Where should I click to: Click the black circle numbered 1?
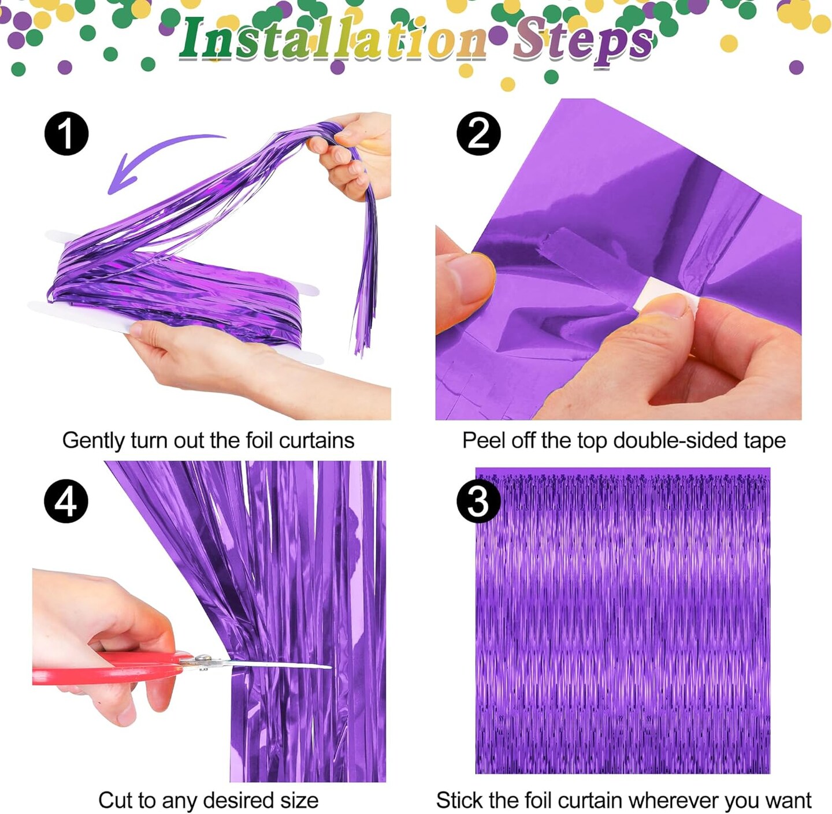tap(66, 133)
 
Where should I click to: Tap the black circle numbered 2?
tap(478, 133)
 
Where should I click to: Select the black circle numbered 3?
tap(478, 501)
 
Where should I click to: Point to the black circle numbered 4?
tap(66, 501)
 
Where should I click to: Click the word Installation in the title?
tap(332, 39)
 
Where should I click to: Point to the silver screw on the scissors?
tap(203, 659)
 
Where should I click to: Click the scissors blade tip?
tap(329, 668)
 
